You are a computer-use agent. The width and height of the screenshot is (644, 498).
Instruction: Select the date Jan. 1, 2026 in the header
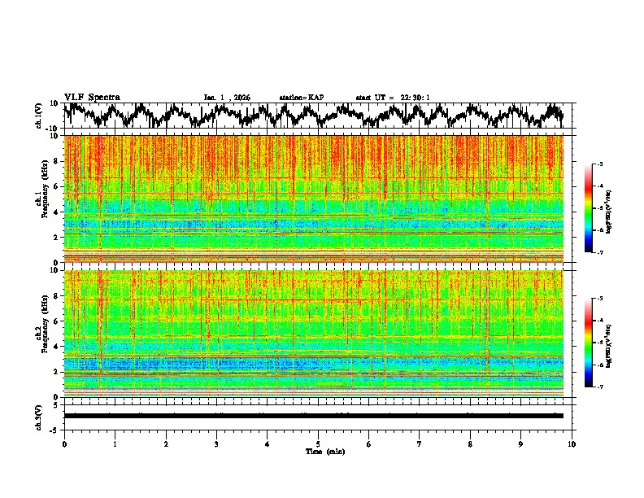[x=227, y=98]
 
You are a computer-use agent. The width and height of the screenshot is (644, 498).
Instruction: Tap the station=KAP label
[x=301, y=98]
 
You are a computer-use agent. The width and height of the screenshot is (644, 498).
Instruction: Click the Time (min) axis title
[x=324, y=451]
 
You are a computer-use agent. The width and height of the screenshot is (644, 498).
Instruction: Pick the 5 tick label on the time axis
[x=318, y=443]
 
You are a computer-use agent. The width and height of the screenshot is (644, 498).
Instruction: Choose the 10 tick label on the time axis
[x=572, y=443]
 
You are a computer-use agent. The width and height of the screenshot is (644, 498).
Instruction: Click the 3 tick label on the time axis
[x=216, y=443]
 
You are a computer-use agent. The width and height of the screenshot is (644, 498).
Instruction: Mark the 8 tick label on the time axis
[x=470, y=443]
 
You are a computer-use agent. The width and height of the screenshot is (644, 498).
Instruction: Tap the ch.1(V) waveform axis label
[x=40, y=116]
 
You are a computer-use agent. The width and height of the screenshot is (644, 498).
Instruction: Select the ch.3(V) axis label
[x=40, y=415]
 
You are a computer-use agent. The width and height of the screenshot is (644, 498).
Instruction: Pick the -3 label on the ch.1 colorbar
[x=600, y=164]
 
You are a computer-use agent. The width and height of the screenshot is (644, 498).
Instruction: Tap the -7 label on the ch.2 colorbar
[x=600, y=387]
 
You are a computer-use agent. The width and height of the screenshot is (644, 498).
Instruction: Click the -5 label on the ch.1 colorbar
[x=600, y=209]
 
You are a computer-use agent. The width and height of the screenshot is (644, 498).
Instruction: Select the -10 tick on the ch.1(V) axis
[x=54, y=129]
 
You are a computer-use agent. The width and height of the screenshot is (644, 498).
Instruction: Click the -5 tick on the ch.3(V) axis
[x=55, y=429]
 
